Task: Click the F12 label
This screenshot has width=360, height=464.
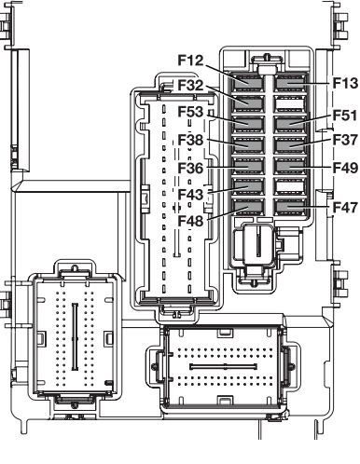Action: coord(190,60)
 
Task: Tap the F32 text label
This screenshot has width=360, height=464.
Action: coord(190,85)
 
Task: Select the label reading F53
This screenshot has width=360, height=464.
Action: coord(190,112)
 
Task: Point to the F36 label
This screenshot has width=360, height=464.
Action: coord(190,168)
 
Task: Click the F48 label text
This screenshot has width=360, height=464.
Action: coord(190,221)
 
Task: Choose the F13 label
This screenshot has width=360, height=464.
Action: coord(345,83)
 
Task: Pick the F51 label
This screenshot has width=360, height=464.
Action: coord(345,116)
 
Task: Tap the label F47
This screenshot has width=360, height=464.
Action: coord(345,207)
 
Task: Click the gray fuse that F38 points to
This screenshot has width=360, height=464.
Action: coord(248,145)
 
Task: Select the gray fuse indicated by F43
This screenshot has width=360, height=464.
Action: coord(248,186)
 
